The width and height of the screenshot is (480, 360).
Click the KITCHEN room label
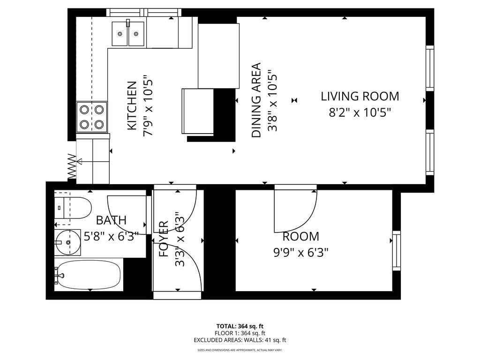[x=132, y=106]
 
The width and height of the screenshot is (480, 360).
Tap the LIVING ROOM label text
[x=360, y=97]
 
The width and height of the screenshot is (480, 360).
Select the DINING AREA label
[x=256, y=100]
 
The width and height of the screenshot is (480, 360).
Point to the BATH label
[x=111, y=220]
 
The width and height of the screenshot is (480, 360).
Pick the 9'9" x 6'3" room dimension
[x=300, y=253]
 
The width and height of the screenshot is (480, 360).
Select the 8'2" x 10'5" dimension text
[x=360, y=112]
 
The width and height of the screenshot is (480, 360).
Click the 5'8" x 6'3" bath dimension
[x=109, y=236]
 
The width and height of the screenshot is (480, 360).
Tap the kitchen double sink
[x=127, y=33]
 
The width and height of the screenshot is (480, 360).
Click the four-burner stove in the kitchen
[x=92, y=117]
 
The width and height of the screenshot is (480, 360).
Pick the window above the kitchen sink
[x=143, y=12]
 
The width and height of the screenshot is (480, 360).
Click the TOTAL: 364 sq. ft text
[x=240, y=326]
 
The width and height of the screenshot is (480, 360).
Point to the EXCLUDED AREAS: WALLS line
[x=240, y=340]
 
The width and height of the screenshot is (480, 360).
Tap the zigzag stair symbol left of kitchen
[x=72, y=166]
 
